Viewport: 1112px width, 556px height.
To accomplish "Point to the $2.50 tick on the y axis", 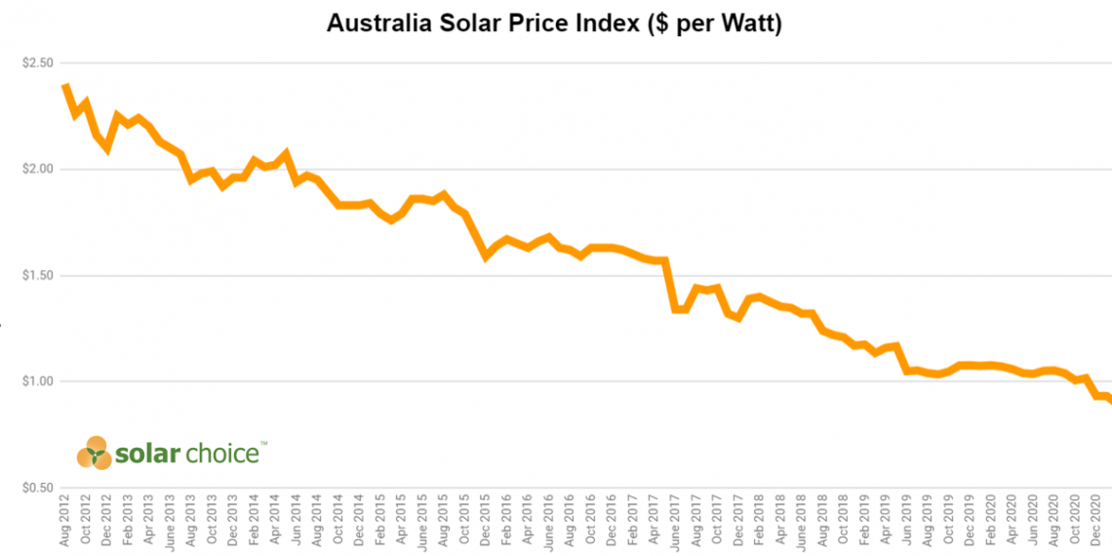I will (x=36, y=63).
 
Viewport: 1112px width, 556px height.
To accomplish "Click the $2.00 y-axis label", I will (x=36, y=169).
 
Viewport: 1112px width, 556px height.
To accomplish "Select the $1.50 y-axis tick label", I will (x=36, y=275).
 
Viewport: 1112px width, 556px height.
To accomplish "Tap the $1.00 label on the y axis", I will (x=36, y=381).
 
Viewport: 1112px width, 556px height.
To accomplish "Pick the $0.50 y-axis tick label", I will (x=36, y=488).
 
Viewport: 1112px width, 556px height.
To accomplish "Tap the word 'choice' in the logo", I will (x=225, y=454).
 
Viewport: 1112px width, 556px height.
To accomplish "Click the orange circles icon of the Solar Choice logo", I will (x=95, y=453).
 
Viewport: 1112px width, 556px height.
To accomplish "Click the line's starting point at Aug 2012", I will (x=65, y=87).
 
